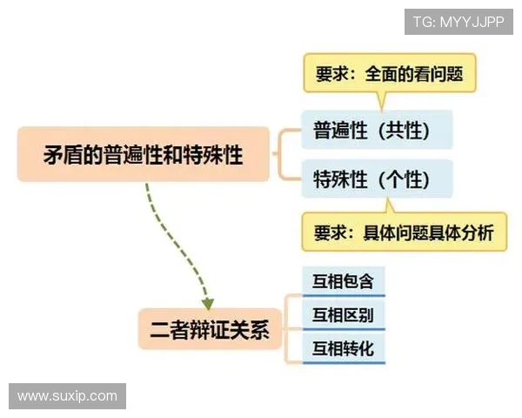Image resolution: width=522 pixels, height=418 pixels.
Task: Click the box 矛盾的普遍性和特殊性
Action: (144, 154)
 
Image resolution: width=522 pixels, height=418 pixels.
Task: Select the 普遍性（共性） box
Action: (377, 130)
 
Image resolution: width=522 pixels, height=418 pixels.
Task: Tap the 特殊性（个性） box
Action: (377, 179)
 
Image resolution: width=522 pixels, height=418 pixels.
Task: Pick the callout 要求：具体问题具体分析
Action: (404, 233)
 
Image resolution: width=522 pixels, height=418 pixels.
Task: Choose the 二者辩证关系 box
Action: (210, 329)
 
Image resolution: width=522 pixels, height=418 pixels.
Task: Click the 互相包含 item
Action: (343, 282)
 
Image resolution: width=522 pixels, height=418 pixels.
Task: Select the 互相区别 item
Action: (343, 315)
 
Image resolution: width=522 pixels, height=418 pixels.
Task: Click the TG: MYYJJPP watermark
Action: (458, 22)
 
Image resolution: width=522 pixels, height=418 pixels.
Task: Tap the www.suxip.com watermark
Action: (67, 396)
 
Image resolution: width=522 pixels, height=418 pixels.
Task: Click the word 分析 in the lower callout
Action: (477, 233)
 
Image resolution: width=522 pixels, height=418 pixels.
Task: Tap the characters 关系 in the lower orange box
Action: (252, 330)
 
